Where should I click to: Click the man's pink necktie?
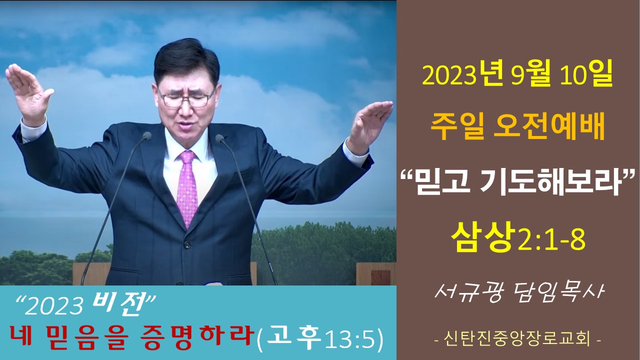(187, 188)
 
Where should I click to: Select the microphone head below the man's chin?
(219, 138)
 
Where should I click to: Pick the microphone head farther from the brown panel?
(147, 135)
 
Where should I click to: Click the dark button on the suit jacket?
(187, 245)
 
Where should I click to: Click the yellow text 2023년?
(462, 75)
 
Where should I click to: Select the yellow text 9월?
(530, 76)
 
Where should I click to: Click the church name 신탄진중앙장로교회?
(517, 339)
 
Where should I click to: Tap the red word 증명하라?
(197, 337)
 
